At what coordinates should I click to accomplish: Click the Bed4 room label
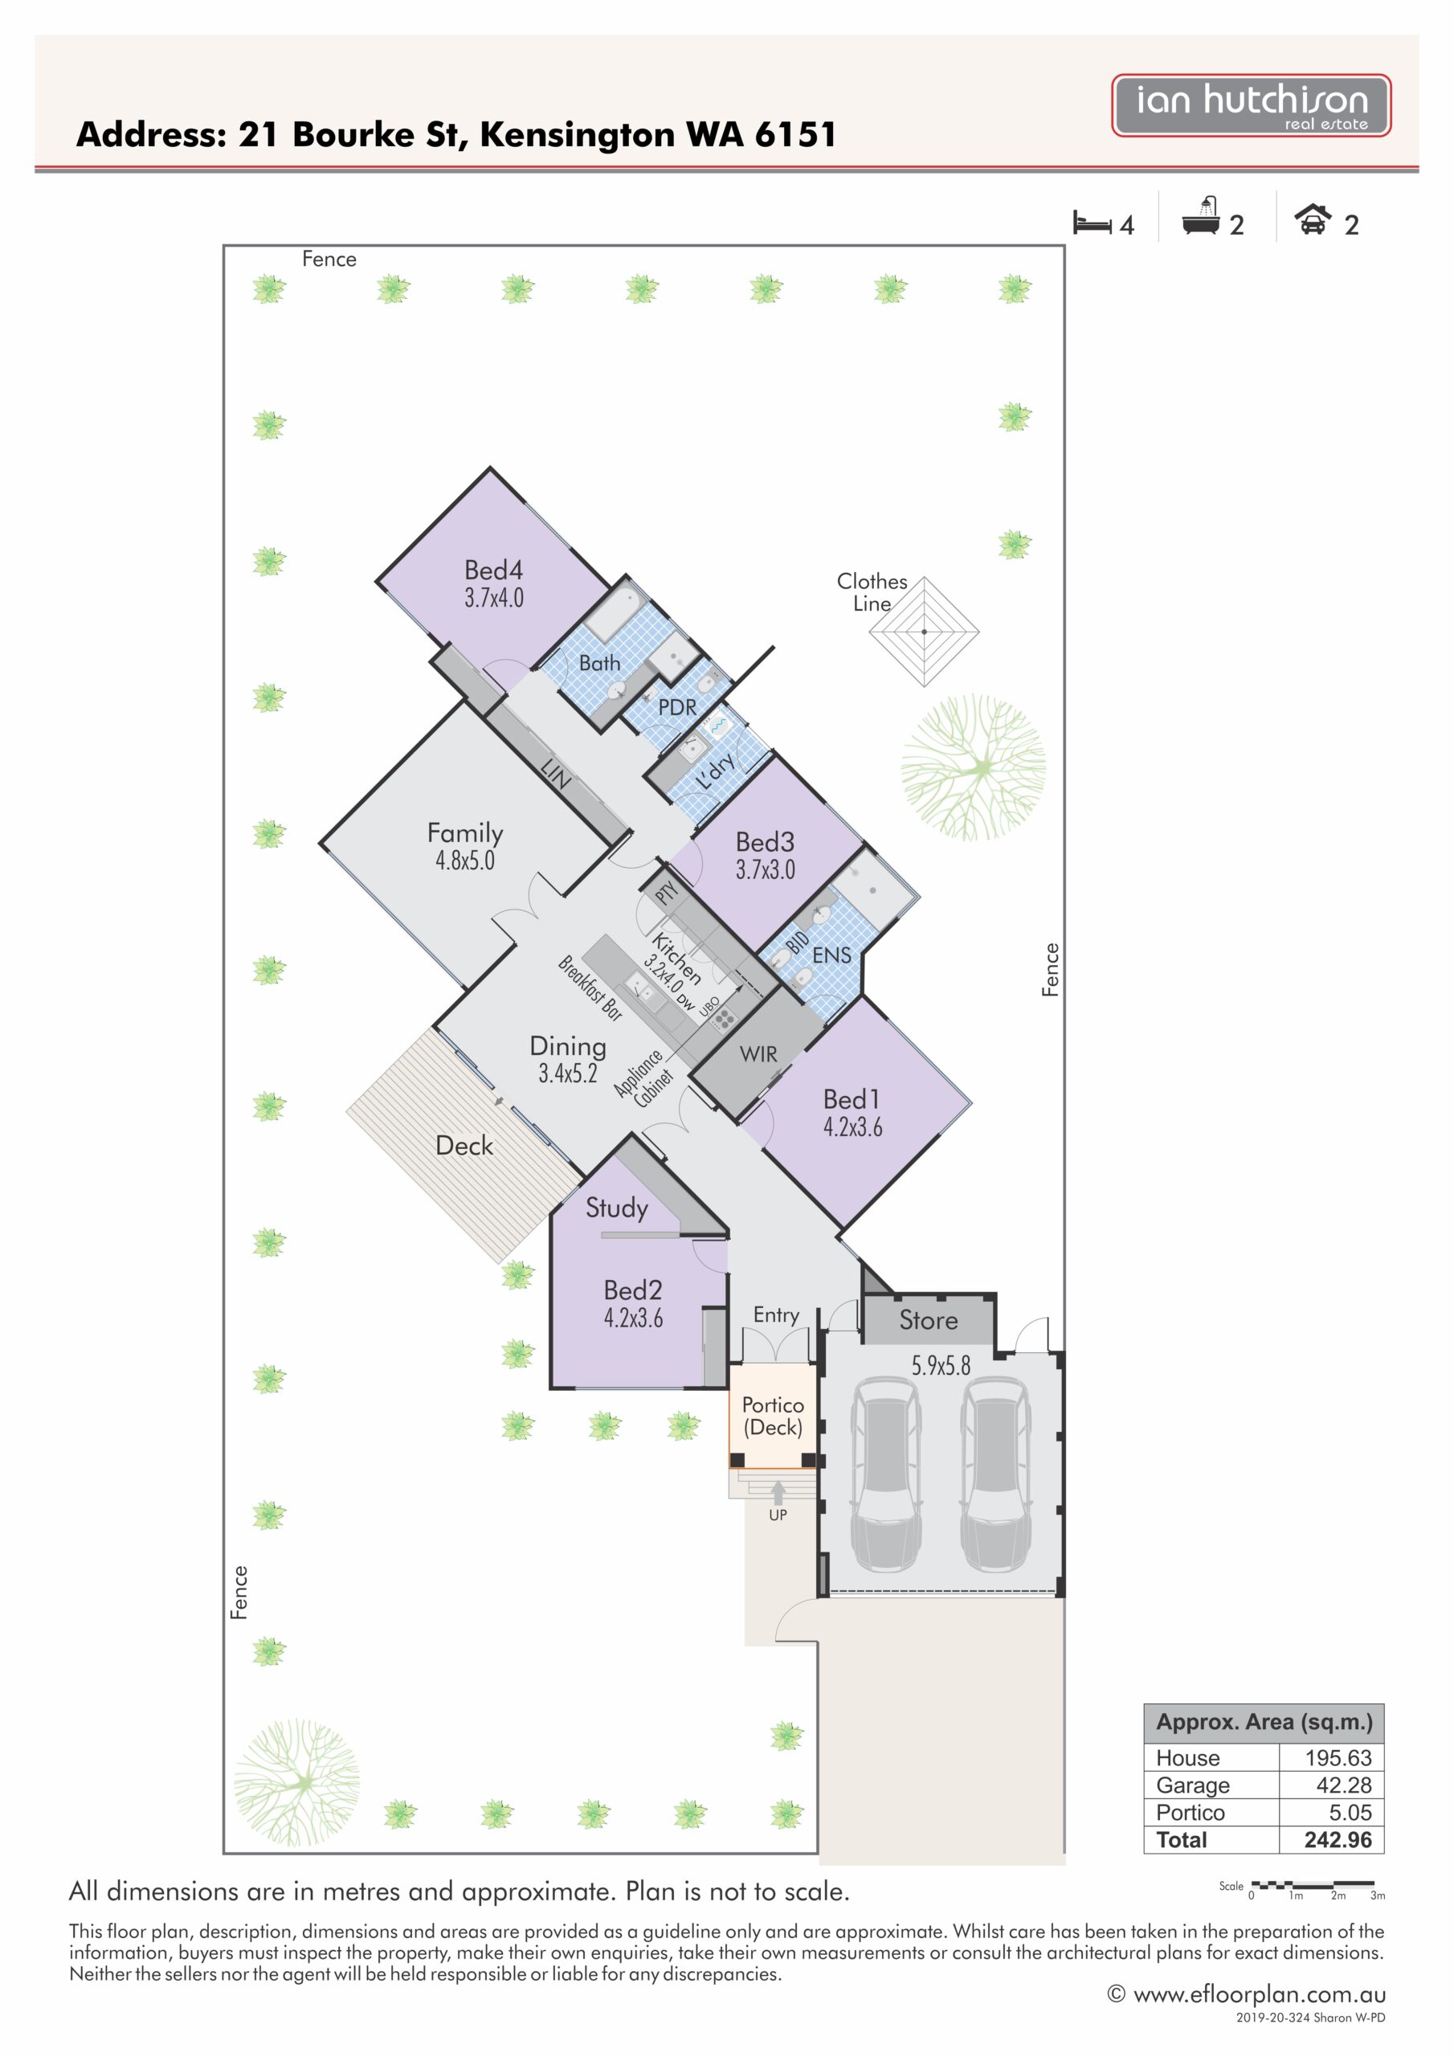click(493, 570)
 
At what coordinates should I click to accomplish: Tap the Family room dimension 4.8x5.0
click(465, 860)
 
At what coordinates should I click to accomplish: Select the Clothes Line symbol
click(924, 632)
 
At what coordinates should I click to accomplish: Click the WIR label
click(759, 1054)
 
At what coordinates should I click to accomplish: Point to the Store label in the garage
click(929, 1319)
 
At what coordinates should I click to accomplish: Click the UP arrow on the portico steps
click(778, 1493)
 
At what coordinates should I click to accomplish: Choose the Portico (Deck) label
click(773, 1416)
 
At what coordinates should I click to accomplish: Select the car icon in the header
click(1313, 219)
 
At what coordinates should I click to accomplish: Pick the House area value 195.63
click(1338, 1758)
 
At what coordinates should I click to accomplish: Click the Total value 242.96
click(1338, 1840)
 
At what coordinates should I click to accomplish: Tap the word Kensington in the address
click(577, 135)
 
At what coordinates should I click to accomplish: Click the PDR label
click(677, 707)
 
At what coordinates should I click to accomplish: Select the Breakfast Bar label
click(590, 988)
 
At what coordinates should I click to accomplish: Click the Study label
click(616, 1208)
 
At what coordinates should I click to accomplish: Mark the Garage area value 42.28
click(1344, 1785)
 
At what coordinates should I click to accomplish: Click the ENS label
click(831, 955)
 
